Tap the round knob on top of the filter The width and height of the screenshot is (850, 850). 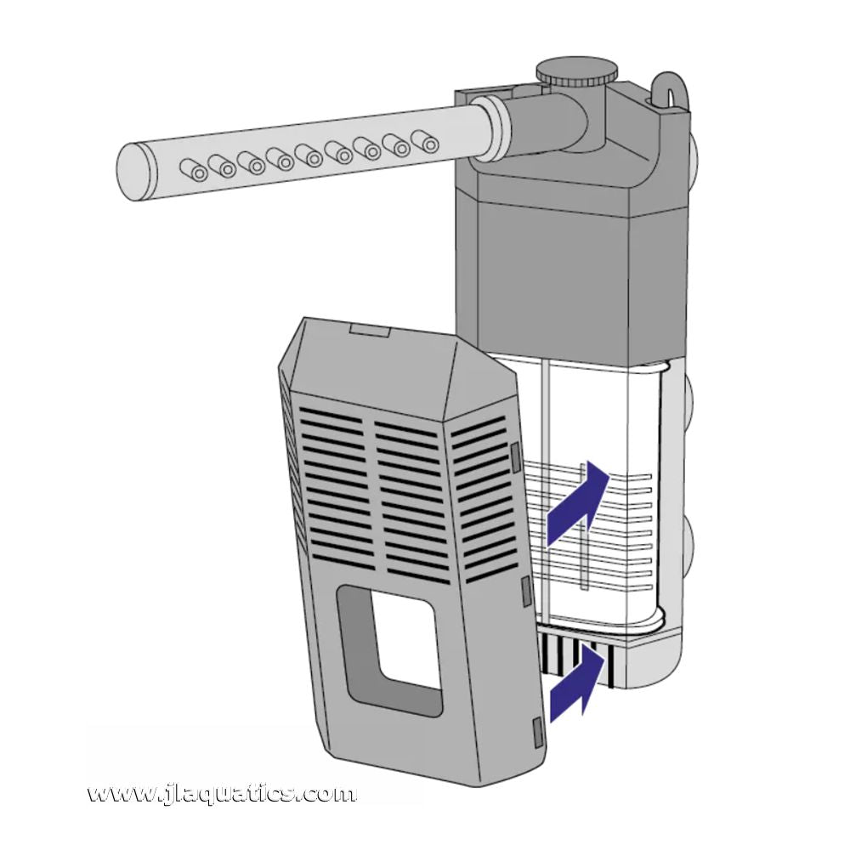click(575, 71)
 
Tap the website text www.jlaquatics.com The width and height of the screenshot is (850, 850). click(222, 795)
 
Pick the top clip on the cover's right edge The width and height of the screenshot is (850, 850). click(515, 457)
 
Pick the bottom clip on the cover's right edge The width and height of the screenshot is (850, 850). click(535, 729)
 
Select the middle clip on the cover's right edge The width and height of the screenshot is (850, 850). click(526, 587)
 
